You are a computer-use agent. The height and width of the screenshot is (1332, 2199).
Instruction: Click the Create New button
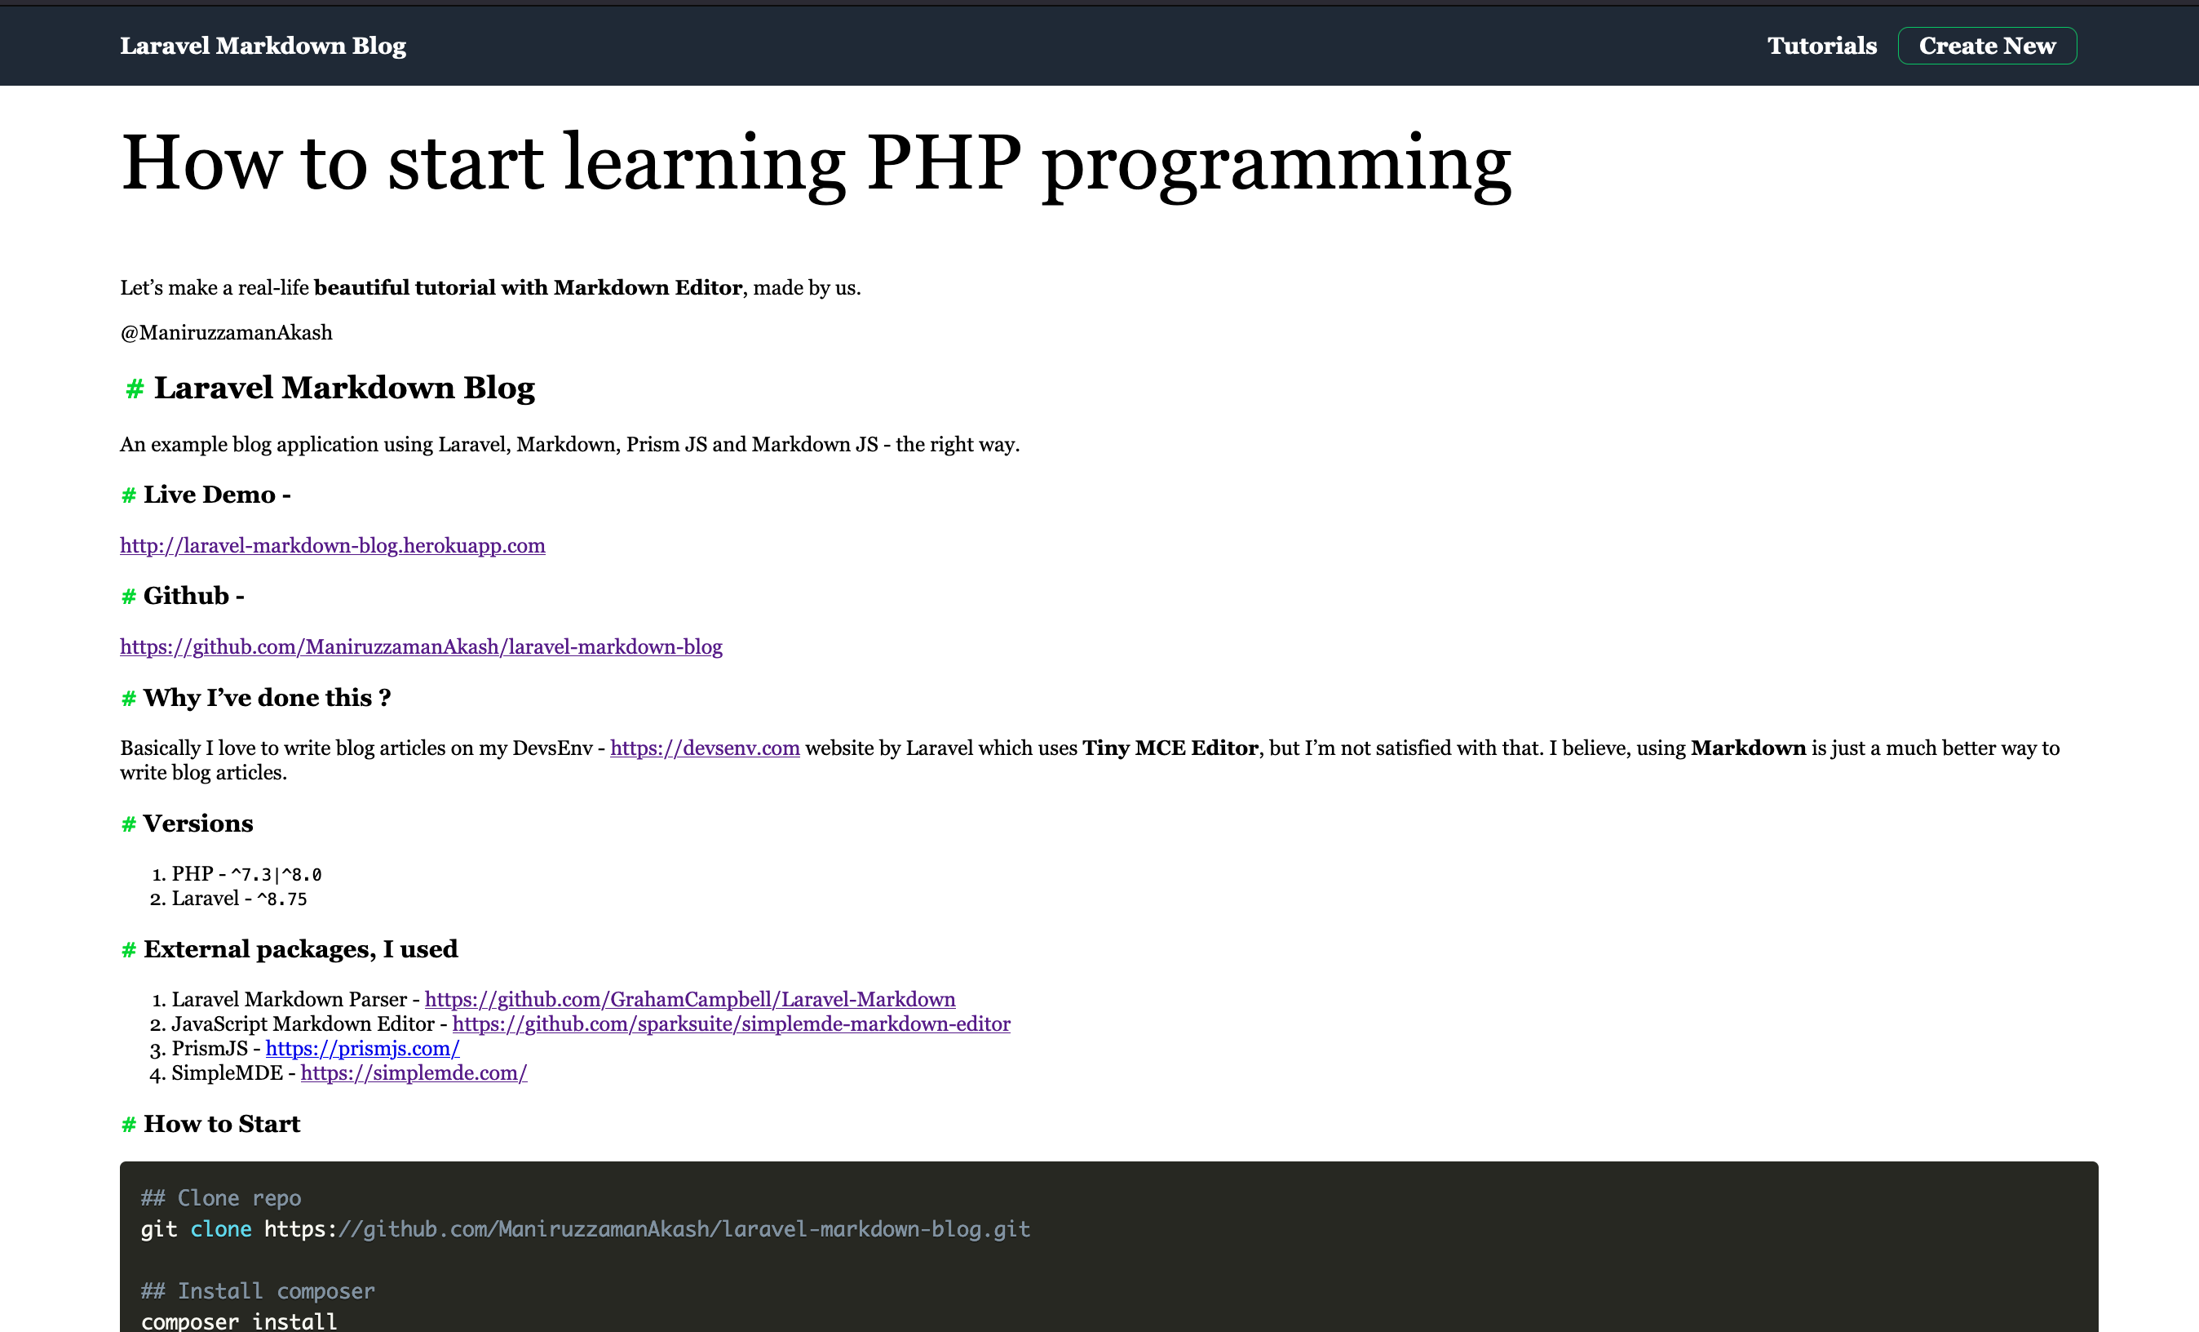[1987, 46]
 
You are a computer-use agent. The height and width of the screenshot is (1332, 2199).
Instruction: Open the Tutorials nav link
[1821, 46]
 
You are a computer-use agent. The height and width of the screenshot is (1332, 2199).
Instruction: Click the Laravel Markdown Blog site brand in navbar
[263, 46]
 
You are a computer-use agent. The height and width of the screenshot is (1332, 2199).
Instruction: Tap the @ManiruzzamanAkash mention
[227, 333]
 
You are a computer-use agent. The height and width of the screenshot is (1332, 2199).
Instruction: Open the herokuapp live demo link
[333, 545]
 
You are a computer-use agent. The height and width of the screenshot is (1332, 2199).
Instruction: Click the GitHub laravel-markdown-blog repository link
[421, 646]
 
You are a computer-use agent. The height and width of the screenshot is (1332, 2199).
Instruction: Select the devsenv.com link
[705, 748]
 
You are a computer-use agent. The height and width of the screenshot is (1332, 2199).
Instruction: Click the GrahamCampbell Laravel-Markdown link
[690, 999]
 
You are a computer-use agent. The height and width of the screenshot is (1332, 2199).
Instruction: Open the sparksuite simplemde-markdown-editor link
[732, 1024]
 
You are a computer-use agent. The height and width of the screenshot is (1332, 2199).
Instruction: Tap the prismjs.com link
[362, 1049]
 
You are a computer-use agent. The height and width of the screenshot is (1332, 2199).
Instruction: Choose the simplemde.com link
[414, 1073]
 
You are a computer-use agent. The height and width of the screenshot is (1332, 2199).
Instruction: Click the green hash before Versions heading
[129, 824]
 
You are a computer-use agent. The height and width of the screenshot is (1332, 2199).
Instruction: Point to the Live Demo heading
[217, 495]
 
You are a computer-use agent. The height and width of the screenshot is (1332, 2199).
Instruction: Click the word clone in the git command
[221, 1229]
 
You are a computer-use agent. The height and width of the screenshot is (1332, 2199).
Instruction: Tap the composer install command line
[239, 1321]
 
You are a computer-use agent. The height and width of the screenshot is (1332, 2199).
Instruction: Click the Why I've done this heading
[268, 698]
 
